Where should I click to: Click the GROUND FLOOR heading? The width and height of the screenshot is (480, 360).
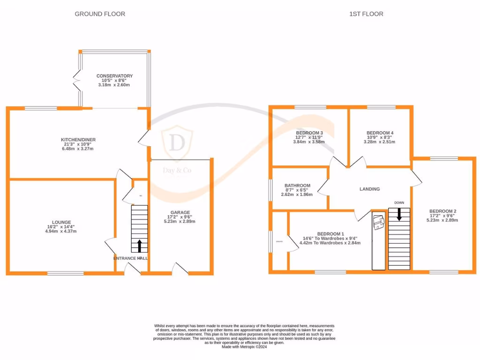[100, 14]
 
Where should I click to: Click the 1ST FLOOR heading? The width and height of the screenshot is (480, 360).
[366, 14]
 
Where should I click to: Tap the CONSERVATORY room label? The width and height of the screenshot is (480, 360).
[114, 76]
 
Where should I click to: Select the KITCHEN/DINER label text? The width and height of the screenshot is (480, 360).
[78, 140]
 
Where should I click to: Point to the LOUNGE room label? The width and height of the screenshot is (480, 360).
[61, 222]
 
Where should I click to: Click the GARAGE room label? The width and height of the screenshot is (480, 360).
[180, 212]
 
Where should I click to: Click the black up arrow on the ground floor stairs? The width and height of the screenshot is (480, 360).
[139, 245]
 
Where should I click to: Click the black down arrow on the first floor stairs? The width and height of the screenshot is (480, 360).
[399, 214]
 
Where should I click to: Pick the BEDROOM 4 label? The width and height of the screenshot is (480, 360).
[380, 133]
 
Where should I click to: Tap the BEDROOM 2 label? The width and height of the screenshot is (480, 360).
[442, 211]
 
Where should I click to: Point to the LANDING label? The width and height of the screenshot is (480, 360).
[369, 189]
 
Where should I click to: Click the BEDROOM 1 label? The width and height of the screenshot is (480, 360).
[330, 233]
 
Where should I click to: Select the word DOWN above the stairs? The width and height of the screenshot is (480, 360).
[399, 202]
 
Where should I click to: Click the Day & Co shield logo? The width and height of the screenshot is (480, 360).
[177, 142]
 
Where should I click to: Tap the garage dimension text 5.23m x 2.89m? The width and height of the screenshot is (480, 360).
[180, 221]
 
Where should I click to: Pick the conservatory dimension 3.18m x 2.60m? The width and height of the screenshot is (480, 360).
[114, 85]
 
